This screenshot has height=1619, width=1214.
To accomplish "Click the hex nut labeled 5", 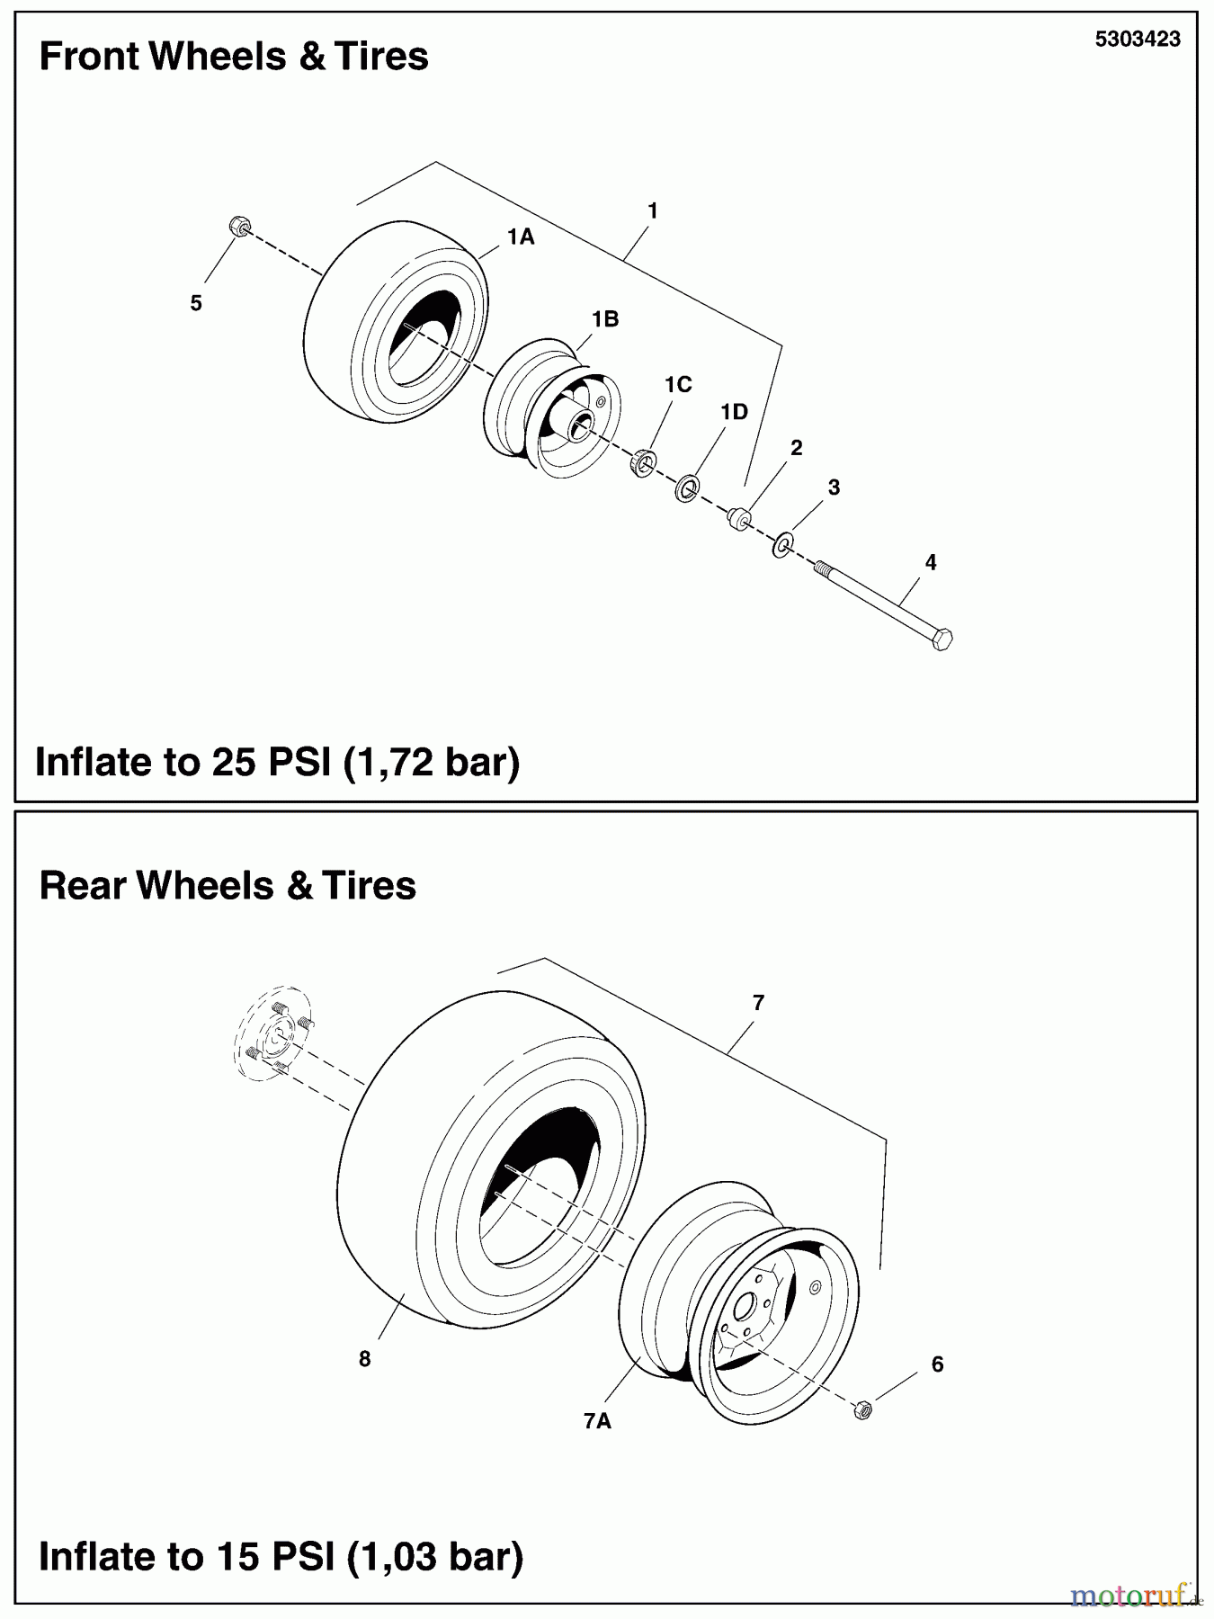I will click(x=239, y=226).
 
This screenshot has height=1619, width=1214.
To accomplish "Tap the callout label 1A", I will click(x=520, y=237).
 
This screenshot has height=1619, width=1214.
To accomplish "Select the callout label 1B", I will click(x=604, y=319).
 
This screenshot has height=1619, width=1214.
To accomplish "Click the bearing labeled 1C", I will click(x=642, y=462).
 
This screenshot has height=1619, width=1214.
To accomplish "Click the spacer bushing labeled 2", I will click(x=740, y=519).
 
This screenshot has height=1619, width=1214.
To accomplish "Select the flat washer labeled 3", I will click(x=782, y=543).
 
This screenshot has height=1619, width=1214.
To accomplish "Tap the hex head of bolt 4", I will click(x=942, y=640).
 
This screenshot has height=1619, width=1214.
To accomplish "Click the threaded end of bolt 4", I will click(x=822, y=569).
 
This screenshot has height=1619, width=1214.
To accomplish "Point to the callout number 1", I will click(x=653, y=210).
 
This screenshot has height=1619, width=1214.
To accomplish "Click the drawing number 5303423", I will click(x=1137, y=40).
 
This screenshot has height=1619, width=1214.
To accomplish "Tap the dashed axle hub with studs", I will click(x=272, y=1034).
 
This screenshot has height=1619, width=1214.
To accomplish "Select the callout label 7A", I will click(x=597, y=1420).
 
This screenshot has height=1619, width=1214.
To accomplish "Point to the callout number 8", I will click(x=364, y=1359).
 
